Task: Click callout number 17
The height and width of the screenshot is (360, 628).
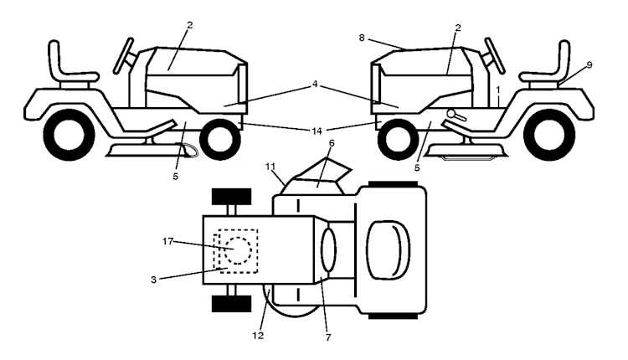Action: tap(167, 241)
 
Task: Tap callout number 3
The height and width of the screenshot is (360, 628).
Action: tap(153, 280)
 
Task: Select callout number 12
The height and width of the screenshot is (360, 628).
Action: tap(259, 336)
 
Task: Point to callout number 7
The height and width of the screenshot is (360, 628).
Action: tap(328, 337)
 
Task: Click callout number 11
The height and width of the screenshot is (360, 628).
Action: tap(270, 166)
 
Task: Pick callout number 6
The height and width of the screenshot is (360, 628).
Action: tap(332, 143)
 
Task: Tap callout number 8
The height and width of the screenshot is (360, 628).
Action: tap(362, 38)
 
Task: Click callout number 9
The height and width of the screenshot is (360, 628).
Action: tap(589, 64)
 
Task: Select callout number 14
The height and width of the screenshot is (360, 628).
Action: tap(317, 131)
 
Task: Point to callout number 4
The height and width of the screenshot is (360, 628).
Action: tap(315, 84)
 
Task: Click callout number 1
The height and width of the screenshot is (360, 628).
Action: tap(498, 90)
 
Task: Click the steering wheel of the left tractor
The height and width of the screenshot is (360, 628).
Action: tap(123, 55)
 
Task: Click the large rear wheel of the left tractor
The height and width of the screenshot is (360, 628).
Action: tap(69, 135)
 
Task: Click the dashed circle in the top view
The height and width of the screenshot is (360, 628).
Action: tap(238, 250)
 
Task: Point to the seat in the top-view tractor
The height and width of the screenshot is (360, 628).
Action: tap(388, 249)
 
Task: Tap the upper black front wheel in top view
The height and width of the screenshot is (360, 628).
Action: tap(231, 197)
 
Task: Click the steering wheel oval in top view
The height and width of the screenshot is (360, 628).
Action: tap(329, 249)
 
